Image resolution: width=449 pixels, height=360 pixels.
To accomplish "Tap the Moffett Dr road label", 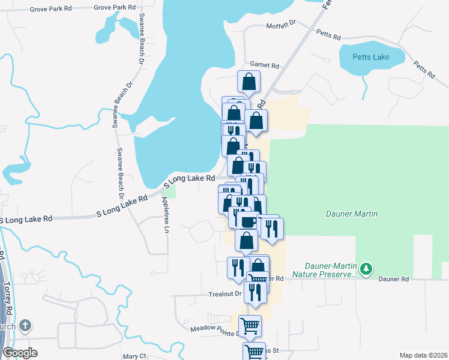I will (x=281, y=25).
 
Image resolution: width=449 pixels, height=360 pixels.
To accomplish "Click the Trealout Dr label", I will (x=224, y=294).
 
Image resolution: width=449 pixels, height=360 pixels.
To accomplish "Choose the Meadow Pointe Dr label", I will (x=214, y=329).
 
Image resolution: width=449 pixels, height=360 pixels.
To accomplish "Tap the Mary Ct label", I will (x=134, y=356).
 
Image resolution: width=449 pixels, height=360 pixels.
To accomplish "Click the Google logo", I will (x=20, y=353).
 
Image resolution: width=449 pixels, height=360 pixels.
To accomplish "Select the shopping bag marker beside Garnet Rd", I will (x=249, y=82).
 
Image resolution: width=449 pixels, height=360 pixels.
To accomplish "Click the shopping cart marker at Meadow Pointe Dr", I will (x=250, y=326).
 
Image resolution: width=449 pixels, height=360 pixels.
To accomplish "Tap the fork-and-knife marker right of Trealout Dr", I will (x=256, y=291).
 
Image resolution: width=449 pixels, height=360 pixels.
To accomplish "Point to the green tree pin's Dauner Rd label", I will (x=396, y=279).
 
